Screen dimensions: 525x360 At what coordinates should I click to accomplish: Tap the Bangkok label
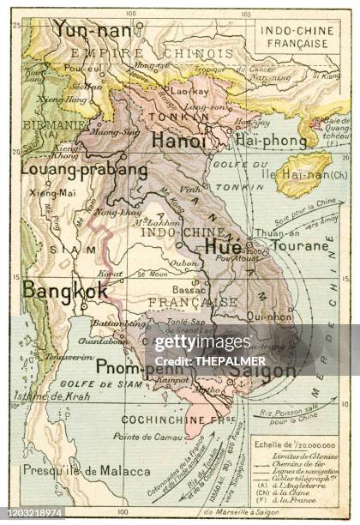tap(65, 290)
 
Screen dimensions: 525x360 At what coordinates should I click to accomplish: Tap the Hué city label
tap(223, 244)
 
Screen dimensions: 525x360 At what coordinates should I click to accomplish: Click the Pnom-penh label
tap(129, 368)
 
